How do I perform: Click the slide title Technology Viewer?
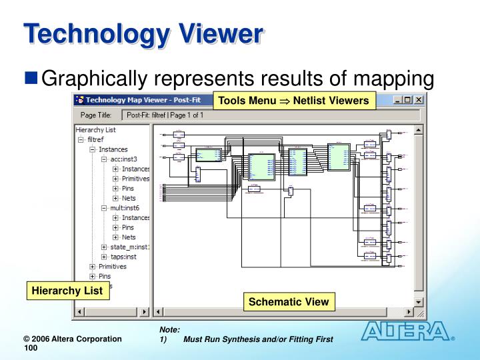click(x=143, y=35)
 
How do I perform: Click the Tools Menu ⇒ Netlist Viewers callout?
click(x=293, y=101)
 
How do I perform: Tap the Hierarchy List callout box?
click(x=67, y=291)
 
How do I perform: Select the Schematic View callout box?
click(x=289, y=302)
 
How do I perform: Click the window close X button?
click(x=419, y=100)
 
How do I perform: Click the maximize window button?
click(x=408, y=100)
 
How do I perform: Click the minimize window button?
click(x=398, y=100)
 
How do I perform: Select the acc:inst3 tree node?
click(x=125, y=159)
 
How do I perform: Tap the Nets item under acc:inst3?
click(x=129, y=198)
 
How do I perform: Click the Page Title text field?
click(x=267, y=115)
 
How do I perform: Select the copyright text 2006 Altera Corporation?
click(x=69, y=339)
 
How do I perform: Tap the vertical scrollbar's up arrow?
click(x=419, y=130)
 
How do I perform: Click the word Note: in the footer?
click(x=170, y=330)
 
